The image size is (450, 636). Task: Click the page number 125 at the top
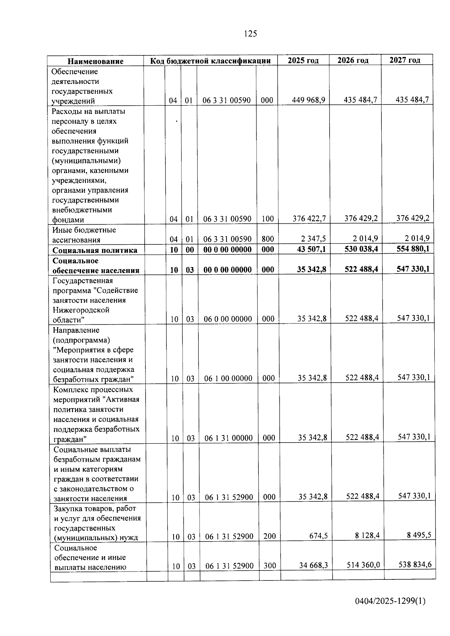[250, 34]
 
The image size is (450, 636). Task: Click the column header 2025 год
[303, 60]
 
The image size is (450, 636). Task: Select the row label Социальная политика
[95, 250]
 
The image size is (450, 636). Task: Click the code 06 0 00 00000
[228, 319]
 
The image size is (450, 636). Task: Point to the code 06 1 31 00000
[229, 438]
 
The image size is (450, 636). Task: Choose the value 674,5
[318, 536]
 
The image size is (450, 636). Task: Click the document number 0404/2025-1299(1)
[390, 601]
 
